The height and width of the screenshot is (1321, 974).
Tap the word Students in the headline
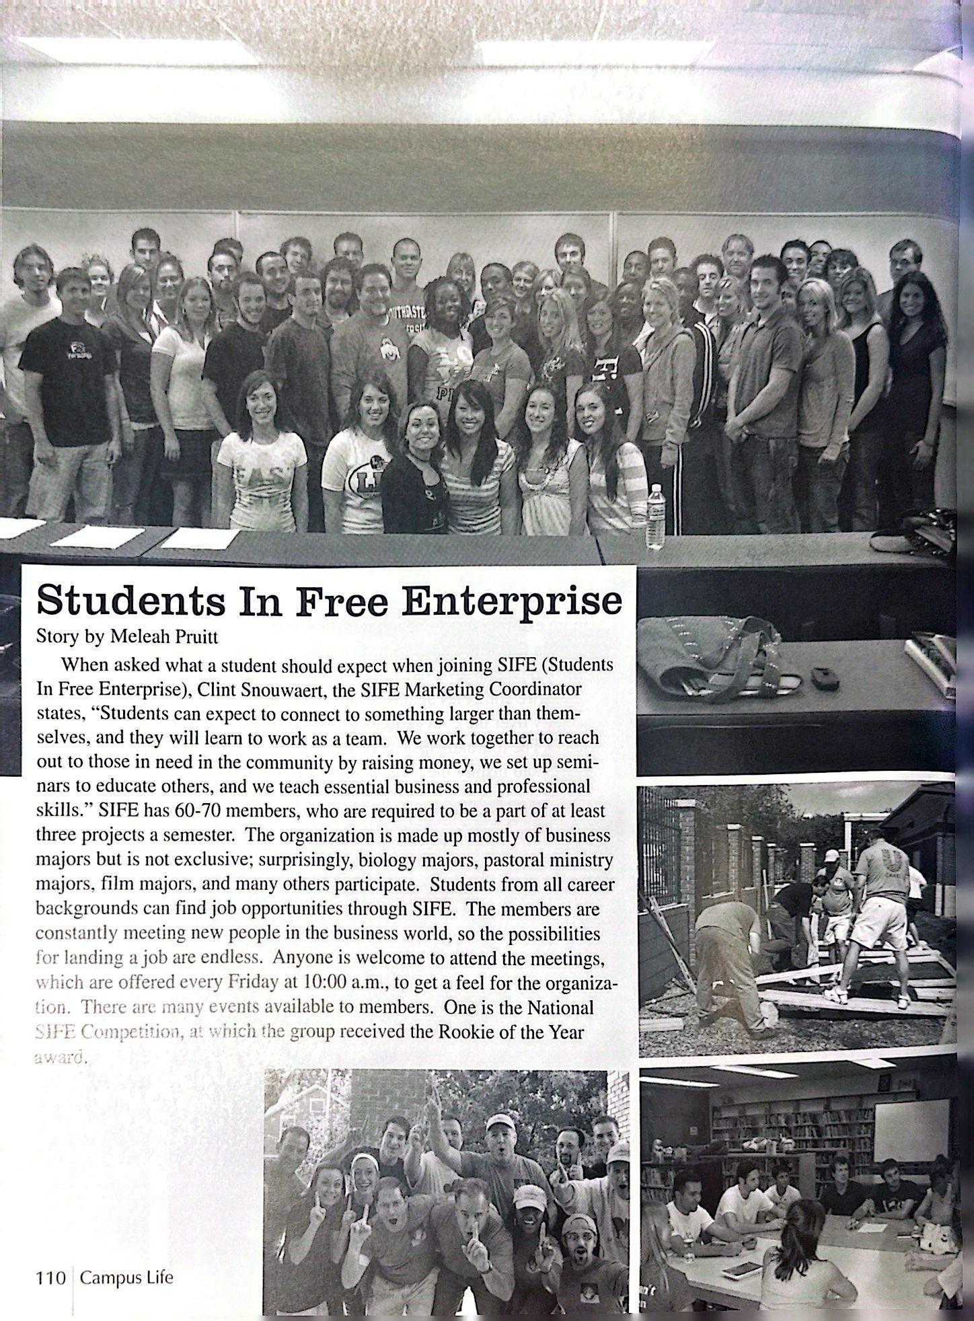[131, 601]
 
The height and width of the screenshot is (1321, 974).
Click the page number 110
[50, 1277]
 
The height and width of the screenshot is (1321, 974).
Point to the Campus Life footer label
[126, 1277]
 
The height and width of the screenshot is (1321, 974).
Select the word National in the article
[560, 1007]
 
